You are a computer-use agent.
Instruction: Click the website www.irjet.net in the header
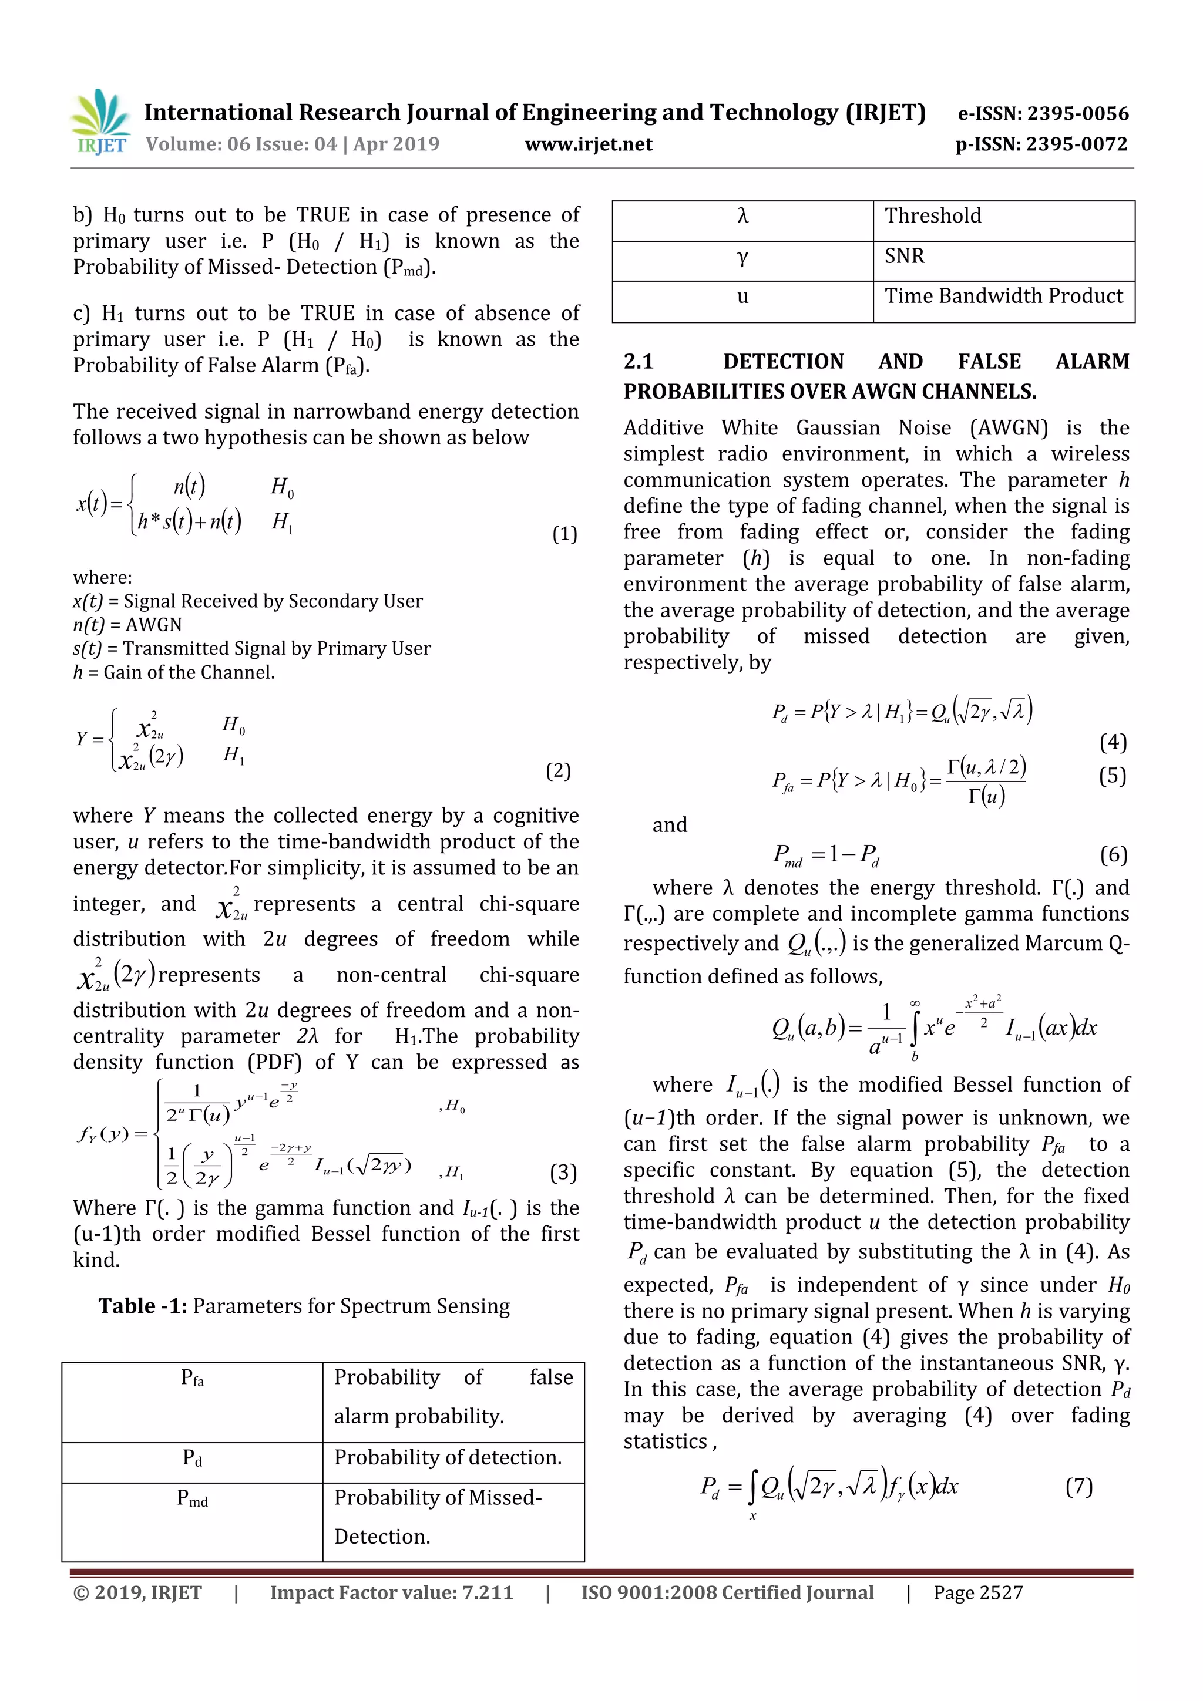(x=589, y=144)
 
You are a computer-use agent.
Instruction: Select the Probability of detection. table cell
(x=448, y=1457)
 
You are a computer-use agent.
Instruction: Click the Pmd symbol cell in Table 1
(x=192, y=1498)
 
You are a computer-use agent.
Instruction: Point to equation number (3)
(x=563, y=1172)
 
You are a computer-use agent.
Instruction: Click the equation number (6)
(x=1113, y=855)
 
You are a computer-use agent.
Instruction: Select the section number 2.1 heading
(x=638, y=362)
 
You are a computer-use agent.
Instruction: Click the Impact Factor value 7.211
(x=487, y=1593)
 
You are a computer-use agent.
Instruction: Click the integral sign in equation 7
(x=752, y=1486)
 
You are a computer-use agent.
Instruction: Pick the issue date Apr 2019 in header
(x=396, y=144)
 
